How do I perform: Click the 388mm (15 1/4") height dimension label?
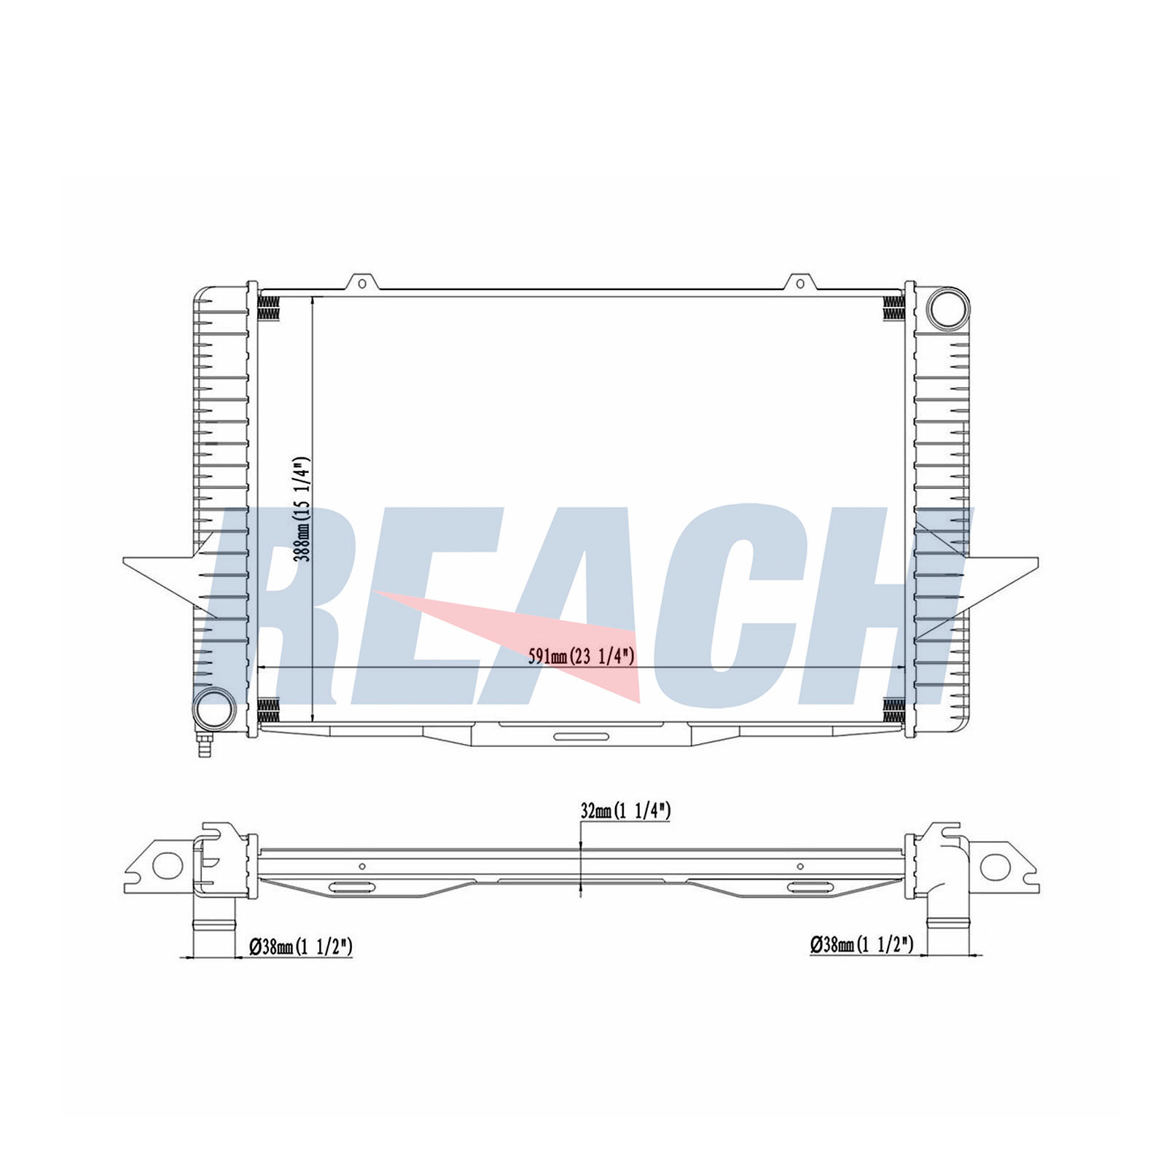click(x=302, y=509)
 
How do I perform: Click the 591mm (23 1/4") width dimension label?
click(x=582, y=657)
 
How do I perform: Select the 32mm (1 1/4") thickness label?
click(x=625, y=810)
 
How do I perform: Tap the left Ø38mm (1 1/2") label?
click(x=301, y=947)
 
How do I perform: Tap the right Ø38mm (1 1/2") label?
click(x=861, y=945)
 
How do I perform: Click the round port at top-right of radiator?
click(x=948, y=308)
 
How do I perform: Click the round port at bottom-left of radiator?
click(x=214, y=707)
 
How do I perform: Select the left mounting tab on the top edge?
click(x=362, y=282)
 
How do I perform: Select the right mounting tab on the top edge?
click(x=800, y=282)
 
